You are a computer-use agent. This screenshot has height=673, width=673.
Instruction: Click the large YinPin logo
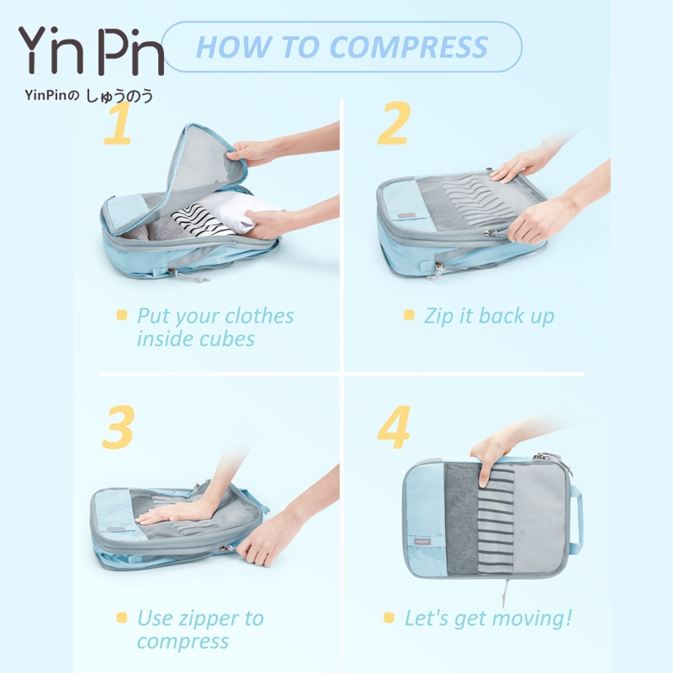(x=91, y=50)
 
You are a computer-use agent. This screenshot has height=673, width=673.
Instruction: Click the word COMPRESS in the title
(x=409, y=47)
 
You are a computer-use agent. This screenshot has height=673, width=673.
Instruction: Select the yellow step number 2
(x=394, y=123)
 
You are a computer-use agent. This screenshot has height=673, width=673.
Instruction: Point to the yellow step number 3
(x=119, y=427)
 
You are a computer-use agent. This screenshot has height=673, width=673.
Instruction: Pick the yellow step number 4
(x=394, y=427)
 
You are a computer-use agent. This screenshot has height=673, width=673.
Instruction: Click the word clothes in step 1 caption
(x=259, y=316)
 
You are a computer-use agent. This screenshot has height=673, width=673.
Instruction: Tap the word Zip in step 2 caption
(x=438, y=317)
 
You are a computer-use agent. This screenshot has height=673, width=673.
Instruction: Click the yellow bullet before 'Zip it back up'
(x=409, y=315)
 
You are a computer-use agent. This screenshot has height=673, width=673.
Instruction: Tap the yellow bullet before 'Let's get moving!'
(x=389, y=617)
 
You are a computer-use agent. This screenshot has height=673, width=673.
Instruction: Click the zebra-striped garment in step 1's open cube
(x=202, y=220)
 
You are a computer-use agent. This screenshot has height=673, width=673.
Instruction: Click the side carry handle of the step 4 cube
(x=576, y=518)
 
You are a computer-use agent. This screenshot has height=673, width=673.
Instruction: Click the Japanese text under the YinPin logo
(x=89, y=96)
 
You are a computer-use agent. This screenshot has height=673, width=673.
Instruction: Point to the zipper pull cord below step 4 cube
(x=506, y=593)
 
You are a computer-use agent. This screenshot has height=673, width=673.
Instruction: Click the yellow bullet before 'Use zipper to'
(x=122, y=617)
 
